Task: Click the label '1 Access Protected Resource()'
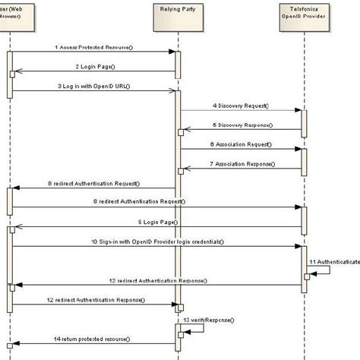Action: click(93, 47)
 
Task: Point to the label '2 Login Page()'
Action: click(93, 67)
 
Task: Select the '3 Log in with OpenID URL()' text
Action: click(93, 86)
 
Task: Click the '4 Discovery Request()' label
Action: click(241, 106)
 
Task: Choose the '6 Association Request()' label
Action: click(241, 144)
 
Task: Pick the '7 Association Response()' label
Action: click(241, 163)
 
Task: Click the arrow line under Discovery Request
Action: click(241, 112)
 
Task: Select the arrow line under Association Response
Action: click(241, 169)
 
